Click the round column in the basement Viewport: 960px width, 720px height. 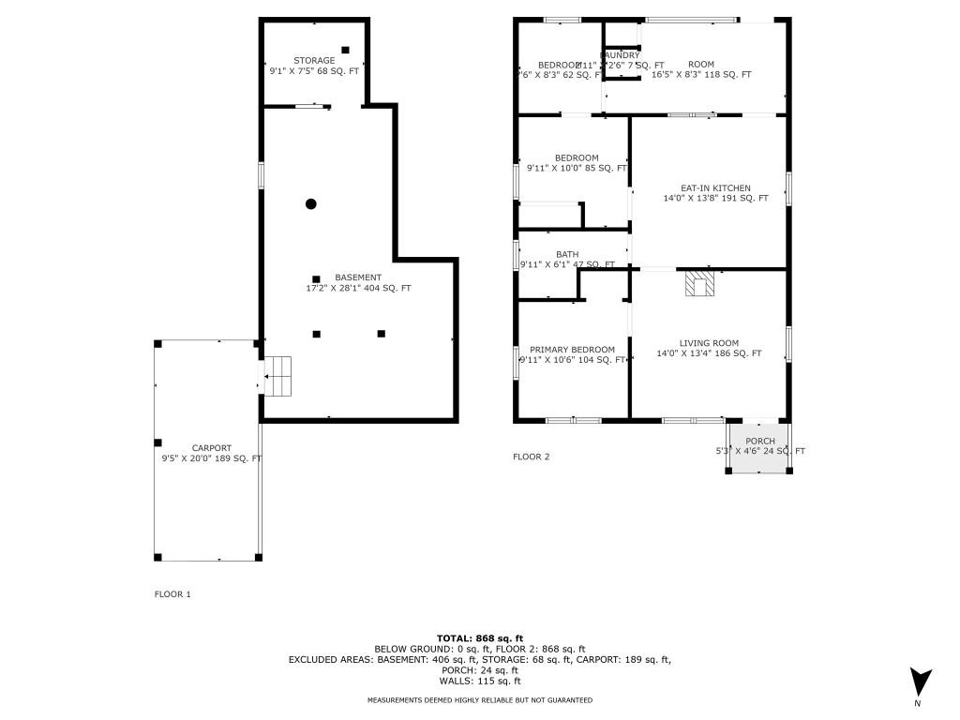coord(311,203)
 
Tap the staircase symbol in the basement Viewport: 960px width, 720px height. coord(279,377)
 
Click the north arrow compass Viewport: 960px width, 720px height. coord(921,682)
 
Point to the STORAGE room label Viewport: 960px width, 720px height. coord(314,61)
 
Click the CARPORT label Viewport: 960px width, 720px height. coord(211,448)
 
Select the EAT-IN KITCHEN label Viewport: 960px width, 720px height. coord(715,188)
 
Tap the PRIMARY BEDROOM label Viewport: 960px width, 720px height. coord(572,350)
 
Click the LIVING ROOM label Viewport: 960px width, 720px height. coord(709,343)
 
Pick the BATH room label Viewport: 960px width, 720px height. coord(567,254)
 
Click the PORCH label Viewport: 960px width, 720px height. coord(760,441)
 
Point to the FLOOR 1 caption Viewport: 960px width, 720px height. coord(172,594)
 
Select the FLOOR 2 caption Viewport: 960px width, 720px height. coord(532,457)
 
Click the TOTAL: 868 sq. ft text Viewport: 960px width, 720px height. coord(479,638)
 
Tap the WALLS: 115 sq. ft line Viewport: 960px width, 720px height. coord(479,681)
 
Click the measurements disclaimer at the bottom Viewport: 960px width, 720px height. coord(479,700)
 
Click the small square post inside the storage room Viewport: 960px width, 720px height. coord(345,50)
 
